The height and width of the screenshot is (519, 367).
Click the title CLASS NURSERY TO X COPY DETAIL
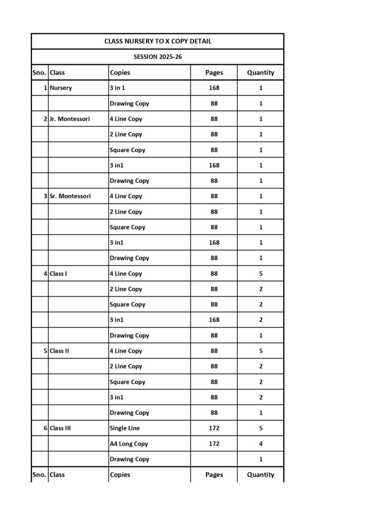(x=158, y=41)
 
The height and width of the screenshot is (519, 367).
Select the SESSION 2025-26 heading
(x=158, y=57)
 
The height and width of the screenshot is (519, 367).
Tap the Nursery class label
(x=61, y=88)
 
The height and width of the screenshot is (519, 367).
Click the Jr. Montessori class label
(x=69, y=119)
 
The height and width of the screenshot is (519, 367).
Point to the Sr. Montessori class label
(x=70, y=196)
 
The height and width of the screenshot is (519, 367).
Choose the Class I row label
(x=58, y=274)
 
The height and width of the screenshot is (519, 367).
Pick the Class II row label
(x=60, y=351)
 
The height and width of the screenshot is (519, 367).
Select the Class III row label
(x=60, y=428)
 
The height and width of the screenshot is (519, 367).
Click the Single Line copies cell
(x=125, y=428)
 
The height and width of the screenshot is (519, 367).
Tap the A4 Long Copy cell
(x=129, y=444)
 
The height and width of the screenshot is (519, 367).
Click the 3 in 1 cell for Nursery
(x=117, y=88)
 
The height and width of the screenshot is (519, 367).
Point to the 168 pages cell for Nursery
(x=214, y=88)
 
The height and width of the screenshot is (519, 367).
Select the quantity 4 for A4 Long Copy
(x=261, y=444)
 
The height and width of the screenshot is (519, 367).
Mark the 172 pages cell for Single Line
(x=214, y=428)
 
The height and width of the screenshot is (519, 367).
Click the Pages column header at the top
(x=214, y=72)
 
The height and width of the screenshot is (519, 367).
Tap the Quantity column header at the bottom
(x=261, y=475)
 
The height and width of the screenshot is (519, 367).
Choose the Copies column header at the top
(x=120, y=72)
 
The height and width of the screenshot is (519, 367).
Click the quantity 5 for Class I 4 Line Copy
(x=261, y=274)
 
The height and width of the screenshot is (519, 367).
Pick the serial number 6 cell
(x=45, y=428)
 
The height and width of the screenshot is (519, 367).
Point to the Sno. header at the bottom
(x=40, y=475)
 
